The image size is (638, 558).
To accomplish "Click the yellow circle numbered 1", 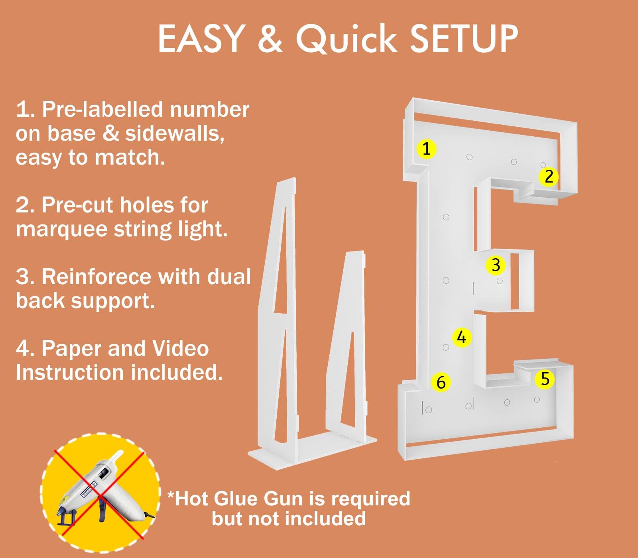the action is (426, 149).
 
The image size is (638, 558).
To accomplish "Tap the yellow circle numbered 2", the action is (549, 177).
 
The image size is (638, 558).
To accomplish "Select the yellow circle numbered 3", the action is (496, 265).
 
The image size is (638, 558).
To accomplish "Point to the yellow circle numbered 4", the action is (462, 338).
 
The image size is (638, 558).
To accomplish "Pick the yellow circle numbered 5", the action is (545, 379).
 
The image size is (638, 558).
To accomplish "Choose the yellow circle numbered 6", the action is (441, 382).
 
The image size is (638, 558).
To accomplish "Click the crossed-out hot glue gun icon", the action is (100, 493).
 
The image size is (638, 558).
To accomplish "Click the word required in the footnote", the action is (371, 499).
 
